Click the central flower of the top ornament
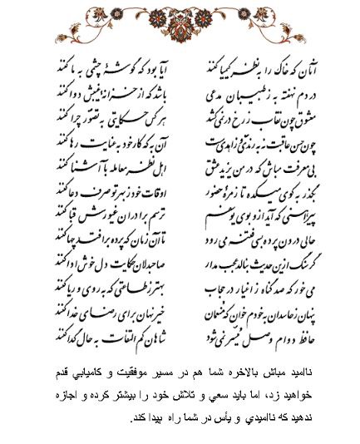(179, 19)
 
